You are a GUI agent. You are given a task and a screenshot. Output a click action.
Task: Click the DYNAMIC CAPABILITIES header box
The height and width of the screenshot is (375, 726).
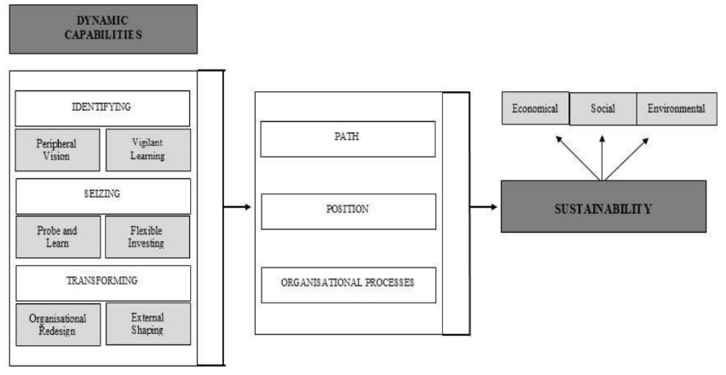[102, 28]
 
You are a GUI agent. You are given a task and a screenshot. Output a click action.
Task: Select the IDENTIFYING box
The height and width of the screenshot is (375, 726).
[103, 108]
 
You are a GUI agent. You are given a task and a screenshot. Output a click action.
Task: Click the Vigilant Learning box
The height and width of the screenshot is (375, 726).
[148, 150]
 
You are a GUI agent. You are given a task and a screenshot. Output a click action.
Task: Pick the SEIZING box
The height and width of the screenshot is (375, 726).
[103, 195]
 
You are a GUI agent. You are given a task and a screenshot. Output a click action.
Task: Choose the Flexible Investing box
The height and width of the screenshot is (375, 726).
[148, 237]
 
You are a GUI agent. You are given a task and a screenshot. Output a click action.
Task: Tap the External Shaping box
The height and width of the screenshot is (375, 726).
[148, 324]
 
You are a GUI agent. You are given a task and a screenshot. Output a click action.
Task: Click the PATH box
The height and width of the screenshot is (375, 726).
[348, 139]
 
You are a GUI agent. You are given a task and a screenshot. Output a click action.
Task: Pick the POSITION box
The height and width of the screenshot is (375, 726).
[348, 211]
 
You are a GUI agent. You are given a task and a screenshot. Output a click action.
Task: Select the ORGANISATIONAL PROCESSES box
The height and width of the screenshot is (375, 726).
[348, 285]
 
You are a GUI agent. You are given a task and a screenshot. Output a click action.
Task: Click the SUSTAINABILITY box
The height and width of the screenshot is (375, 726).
[602, 206]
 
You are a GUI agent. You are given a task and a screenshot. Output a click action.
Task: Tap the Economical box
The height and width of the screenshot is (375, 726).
[535, 108]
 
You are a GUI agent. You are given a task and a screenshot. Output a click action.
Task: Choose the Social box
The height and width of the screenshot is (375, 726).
[602, 108]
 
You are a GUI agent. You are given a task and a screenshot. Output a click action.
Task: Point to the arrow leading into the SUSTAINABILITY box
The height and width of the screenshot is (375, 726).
[483, 207]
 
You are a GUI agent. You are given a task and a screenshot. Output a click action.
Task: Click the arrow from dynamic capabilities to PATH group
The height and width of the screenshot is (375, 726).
[238, 207]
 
